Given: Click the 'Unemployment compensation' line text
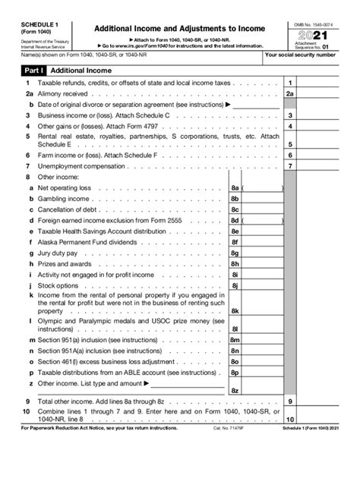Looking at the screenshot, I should (x=83, y=165).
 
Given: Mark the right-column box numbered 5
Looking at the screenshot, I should (x=290, y=143).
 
